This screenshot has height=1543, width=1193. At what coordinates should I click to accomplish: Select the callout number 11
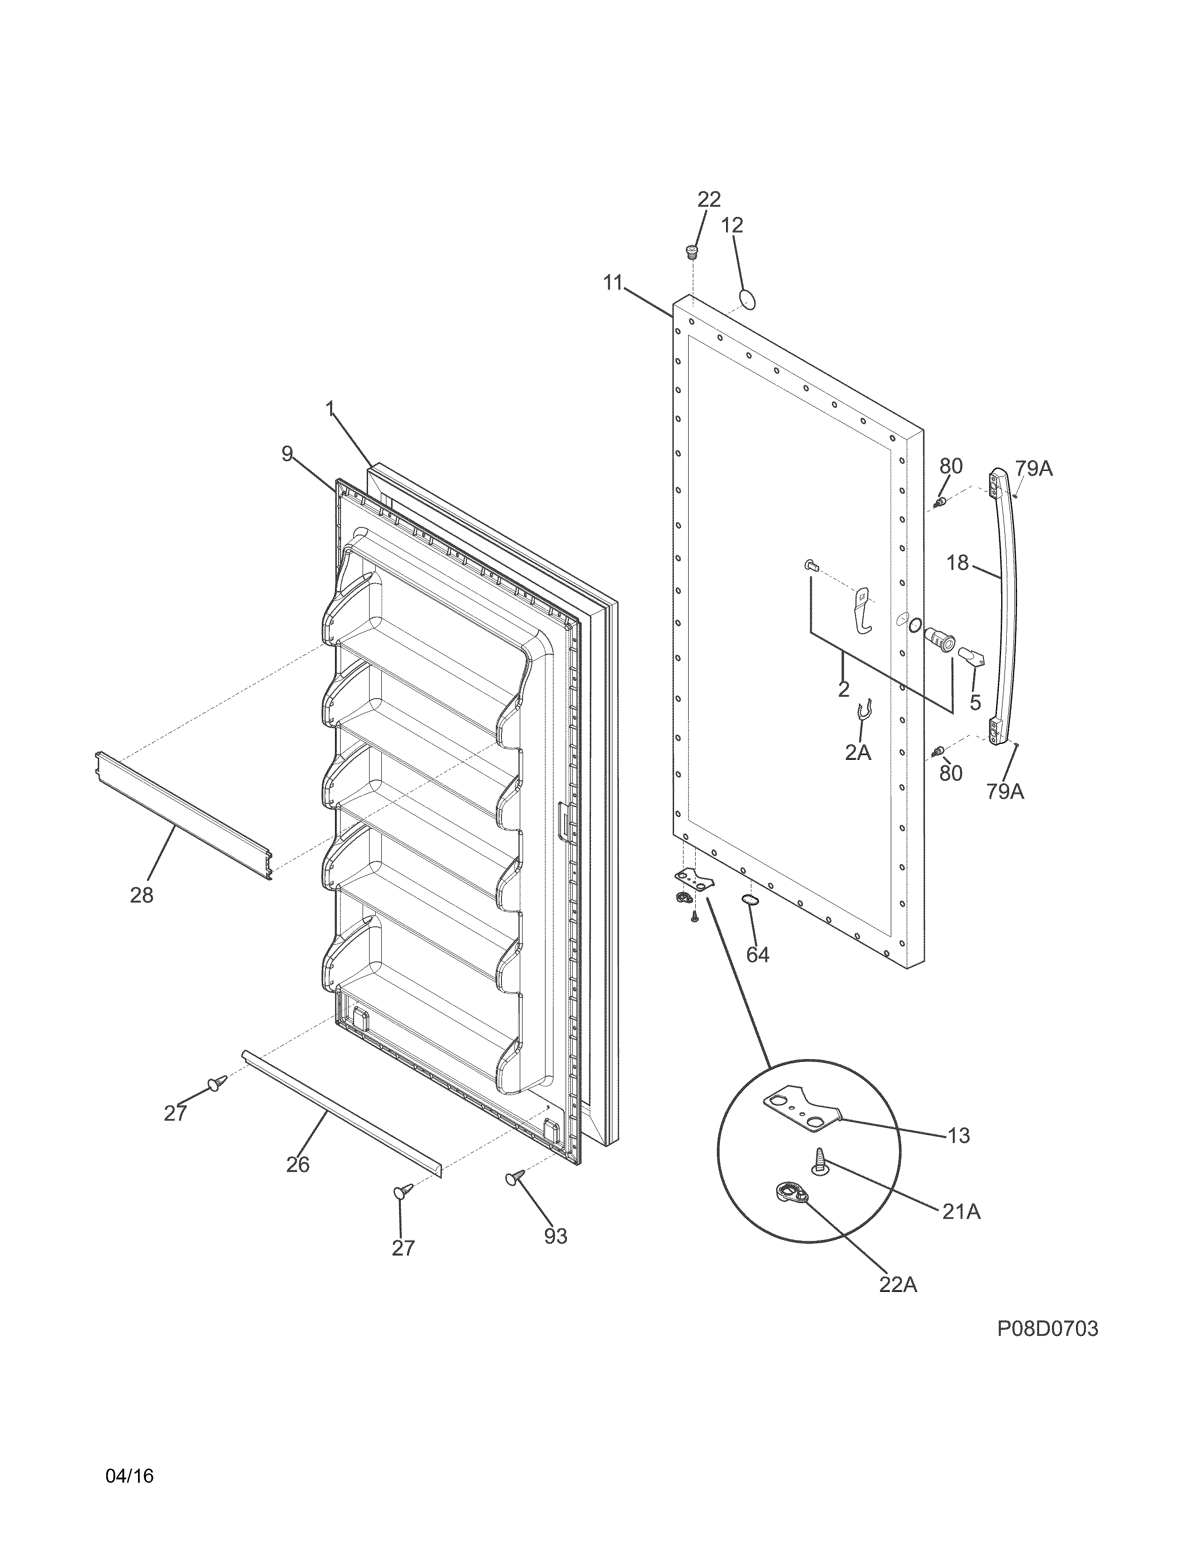click(x=613, y=283)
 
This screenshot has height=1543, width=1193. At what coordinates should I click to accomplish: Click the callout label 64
click(x=757, y=955)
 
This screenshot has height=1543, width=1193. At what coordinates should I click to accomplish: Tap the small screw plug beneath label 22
click(x=692, y=251)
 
